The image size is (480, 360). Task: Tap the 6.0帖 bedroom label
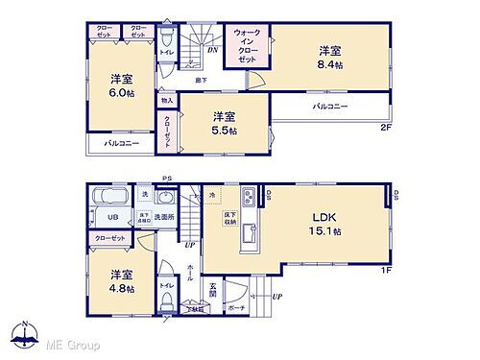(x=121, y=86)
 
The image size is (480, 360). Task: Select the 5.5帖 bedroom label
(x=223, y=123)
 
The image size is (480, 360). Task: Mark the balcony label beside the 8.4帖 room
(x=330, y=107)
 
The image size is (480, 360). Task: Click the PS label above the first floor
(x=166, y=178)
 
